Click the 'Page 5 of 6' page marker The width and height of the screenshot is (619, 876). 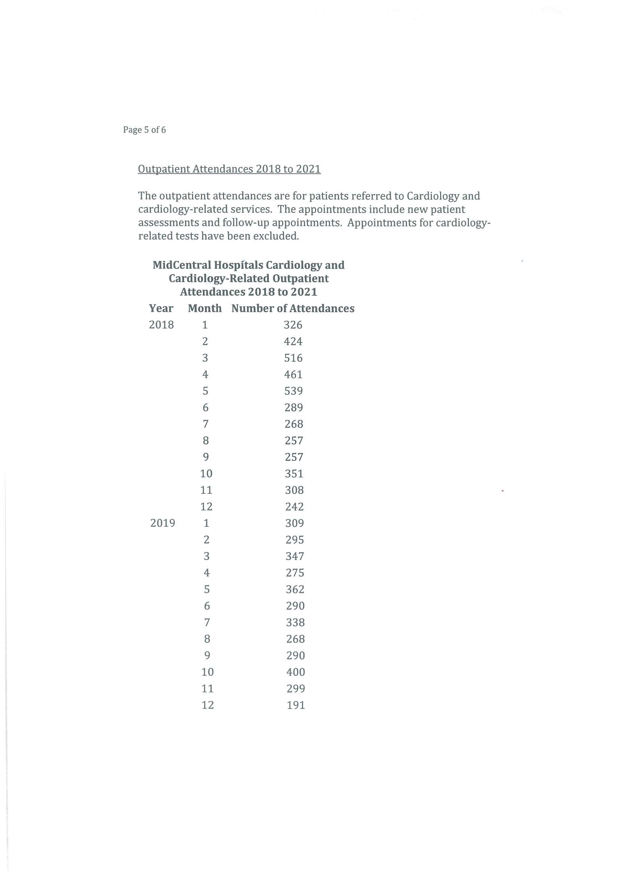144,130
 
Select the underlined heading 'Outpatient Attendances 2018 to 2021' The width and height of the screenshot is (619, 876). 229,169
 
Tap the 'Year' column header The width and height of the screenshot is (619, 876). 161,308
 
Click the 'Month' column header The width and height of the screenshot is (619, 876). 205,308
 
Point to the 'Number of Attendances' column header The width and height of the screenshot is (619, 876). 293,308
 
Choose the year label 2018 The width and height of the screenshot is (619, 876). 161,325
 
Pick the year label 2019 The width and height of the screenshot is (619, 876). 162,523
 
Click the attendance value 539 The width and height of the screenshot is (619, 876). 293,391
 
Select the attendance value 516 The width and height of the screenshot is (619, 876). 293,358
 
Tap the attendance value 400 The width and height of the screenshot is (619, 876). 296,672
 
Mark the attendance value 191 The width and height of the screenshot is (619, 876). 296,705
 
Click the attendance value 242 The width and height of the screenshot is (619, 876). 294,507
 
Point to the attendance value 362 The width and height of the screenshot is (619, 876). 295,590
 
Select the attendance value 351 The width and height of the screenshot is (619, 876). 294,474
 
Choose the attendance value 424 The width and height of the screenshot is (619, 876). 293,341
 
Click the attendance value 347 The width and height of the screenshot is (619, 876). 295,556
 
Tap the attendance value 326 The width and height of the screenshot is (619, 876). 293,325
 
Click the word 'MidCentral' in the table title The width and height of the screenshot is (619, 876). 182,265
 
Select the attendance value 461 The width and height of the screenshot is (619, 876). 293,375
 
